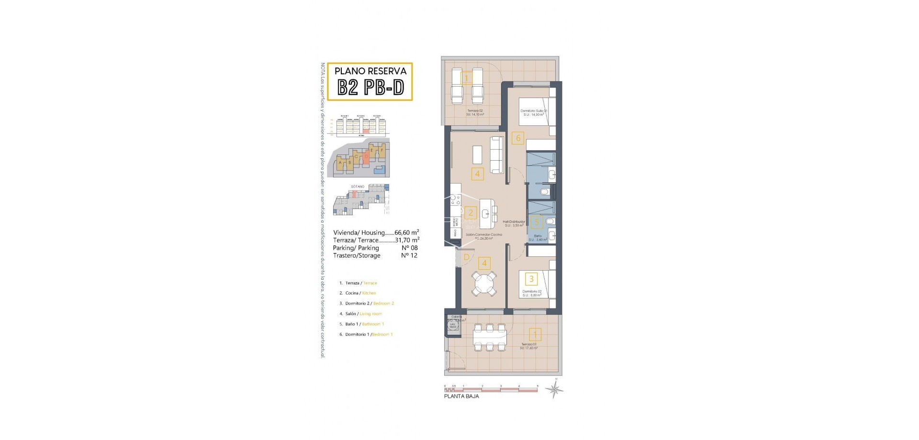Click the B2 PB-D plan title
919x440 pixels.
(371, 88)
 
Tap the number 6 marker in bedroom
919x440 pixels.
(517, 139)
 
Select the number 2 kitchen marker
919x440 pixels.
(471, 213)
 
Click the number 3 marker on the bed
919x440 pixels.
(531, 279)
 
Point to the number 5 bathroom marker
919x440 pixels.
(537, 222)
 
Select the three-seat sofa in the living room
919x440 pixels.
(497, 155)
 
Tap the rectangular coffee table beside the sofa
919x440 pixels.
(477, 154)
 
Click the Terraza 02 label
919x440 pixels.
(475, 110)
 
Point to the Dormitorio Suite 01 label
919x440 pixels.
(533, 110)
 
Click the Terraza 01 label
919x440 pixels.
(528, 344)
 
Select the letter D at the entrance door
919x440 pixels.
(466, 257)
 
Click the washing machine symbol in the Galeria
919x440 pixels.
(452, 326)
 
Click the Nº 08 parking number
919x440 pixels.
(409, 248)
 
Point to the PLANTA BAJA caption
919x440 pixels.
(461, 396)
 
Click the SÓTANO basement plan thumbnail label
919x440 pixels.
(358, 187)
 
